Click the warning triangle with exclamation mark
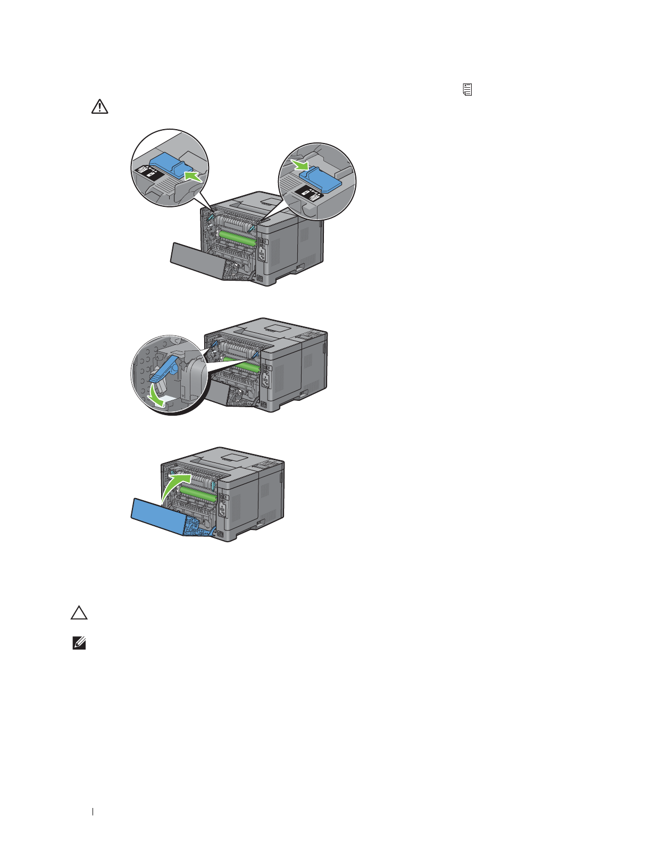(x=99, y=107)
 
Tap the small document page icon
(x=468, y=89)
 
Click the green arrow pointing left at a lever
(x=193, y=175)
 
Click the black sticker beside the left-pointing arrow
(x=148, y=171)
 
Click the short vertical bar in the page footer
(x=93, y=812)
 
